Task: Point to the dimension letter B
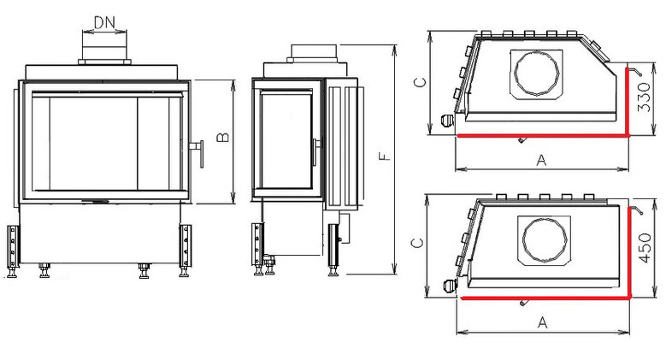coord(222,138)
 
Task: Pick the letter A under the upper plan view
coord(540,159)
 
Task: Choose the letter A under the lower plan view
coord(540,322)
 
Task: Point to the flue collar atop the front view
coord(105,53)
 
